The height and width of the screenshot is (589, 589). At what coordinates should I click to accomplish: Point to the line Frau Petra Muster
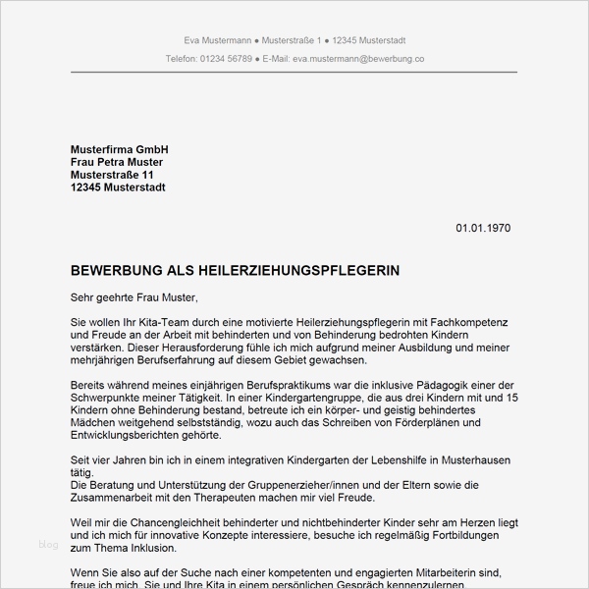click(x=117, y=161)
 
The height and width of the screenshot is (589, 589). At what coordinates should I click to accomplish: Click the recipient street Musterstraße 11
click(x=113, y=174)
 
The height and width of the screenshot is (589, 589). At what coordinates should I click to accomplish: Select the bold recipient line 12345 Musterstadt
click(x=118, y=187)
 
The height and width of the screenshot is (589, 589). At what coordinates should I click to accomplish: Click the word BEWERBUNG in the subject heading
click(x=114, y=269)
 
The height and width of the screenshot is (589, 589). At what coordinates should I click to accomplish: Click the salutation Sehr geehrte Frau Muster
click(x=134, y=296)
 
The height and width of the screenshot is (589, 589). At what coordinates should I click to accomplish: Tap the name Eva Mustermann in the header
click(x=217, y=40)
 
